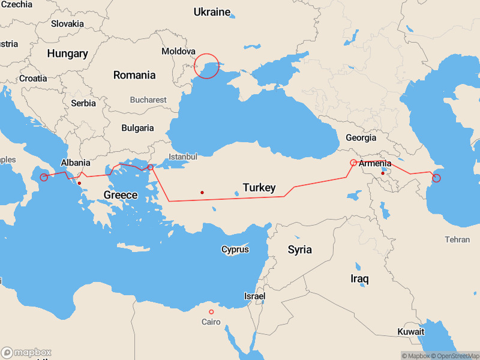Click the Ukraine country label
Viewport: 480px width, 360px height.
tap(212, 12)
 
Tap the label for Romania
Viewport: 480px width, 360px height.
tap(134, 75)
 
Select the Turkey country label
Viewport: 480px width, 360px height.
tap(259, 188)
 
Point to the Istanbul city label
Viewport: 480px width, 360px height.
tap(182, 157)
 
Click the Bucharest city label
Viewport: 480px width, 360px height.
tap(148, 100)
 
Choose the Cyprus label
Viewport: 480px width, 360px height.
tap(235, 249)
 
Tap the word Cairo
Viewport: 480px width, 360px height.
tap(211, 322)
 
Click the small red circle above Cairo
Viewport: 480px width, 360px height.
tap(211, 312)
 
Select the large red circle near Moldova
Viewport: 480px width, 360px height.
tap(207, 66)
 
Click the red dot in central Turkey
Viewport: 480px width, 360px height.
tap(202, 193)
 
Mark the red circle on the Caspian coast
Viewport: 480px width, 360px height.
tap(436, 178)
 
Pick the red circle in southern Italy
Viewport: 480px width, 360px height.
tap(44, 177)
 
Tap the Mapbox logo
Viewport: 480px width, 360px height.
tap(26, 353)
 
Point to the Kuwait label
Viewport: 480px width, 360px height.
tap(410, 332)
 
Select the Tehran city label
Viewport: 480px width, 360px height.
tap(457, 239)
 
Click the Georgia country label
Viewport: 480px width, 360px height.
tap(361, 138)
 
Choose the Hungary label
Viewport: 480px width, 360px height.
tap(67, 53)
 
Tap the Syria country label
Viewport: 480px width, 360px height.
tap(299, 250)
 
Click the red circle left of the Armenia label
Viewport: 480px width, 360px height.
tap(353, 163)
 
